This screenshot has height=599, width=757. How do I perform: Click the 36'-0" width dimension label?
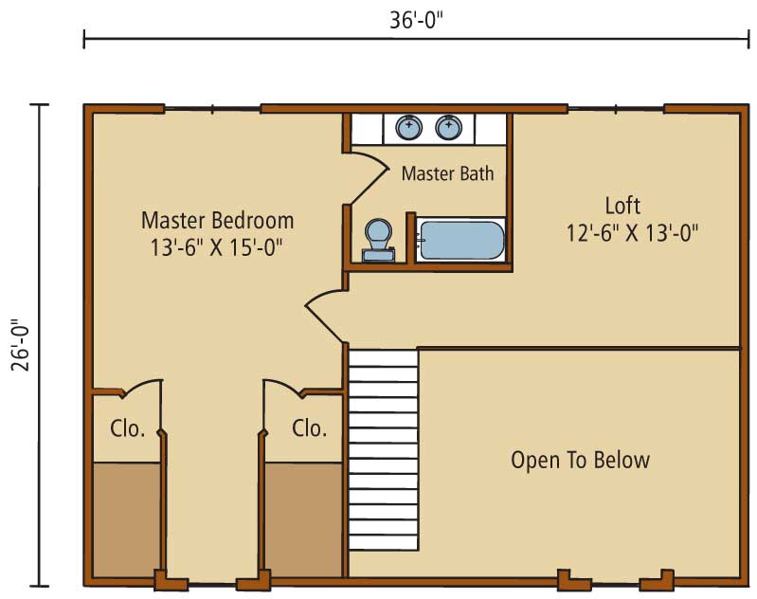416,21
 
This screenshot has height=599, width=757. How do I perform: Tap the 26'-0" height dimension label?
21,344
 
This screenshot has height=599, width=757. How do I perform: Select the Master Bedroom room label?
217,220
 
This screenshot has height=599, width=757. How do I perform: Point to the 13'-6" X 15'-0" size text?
216,248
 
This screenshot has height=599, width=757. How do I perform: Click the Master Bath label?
447,173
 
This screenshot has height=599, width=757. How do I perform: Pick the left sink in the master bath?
409,128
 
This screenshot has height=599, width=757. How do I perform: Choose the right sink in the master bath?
449,128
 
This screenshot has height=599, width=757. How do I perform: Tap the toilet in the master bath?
379,240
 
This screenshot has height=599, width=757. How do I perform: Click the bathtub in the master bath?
462,240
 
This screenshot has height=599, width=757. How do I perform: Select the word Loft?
622,206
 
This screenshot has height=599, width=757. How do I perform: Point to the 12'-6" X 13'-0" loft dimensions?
632,233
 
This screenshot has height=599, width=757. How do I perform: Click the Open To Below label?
580,460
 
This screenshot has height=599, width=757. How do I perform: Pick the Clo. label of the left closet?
128,428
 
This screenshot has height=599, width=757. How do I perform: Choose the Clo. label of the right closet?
309,428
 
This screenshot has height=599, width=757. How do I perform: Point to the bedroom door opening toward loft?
322,309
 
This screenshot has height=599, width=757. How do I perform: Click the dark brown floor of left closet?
126,519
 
